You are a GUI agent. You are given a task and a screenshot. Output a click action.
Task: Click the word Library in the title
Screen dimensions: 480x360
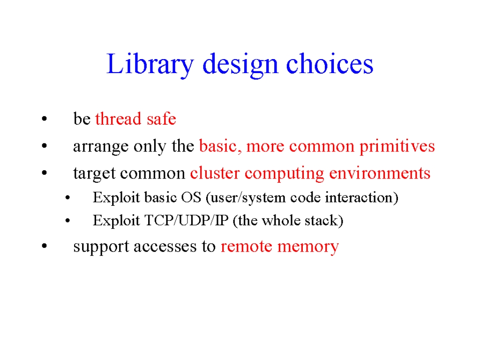coord(150,65)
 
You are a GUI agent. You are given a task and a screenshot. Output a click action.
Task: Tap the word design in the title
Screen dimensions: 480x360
coord(240,65)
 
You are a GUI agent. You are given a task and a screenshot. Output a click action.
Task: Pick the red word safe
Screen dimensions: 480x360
coord(161,118)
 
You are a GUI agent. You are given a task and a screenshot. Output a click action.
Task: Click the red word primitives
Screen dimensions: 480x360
coord(397,146)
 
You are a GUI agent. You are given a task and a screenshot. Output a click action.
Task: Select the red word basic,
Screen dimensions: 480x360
coord(220,146)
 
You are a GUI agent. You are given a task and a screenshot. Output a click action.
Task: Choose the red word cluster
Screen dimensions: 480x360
coord(215,172)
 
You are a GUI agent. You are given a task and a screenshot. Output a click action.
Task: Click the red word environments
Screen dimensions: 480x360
coord(380,173)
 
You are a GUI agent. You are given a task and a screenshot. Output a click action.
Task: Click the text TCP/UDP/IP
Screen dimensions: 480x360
coord(187,220)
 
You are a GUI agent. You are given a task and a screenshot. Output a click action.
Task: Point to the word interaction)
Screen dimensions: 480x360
coord(361,197)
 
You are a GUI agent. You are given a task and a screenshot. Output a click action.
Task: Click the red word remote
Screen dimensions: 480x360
coord(246,247)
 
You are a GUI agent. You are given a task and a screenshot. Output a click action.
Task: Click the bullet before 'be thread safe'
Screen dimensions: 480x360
coord(45,119)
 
